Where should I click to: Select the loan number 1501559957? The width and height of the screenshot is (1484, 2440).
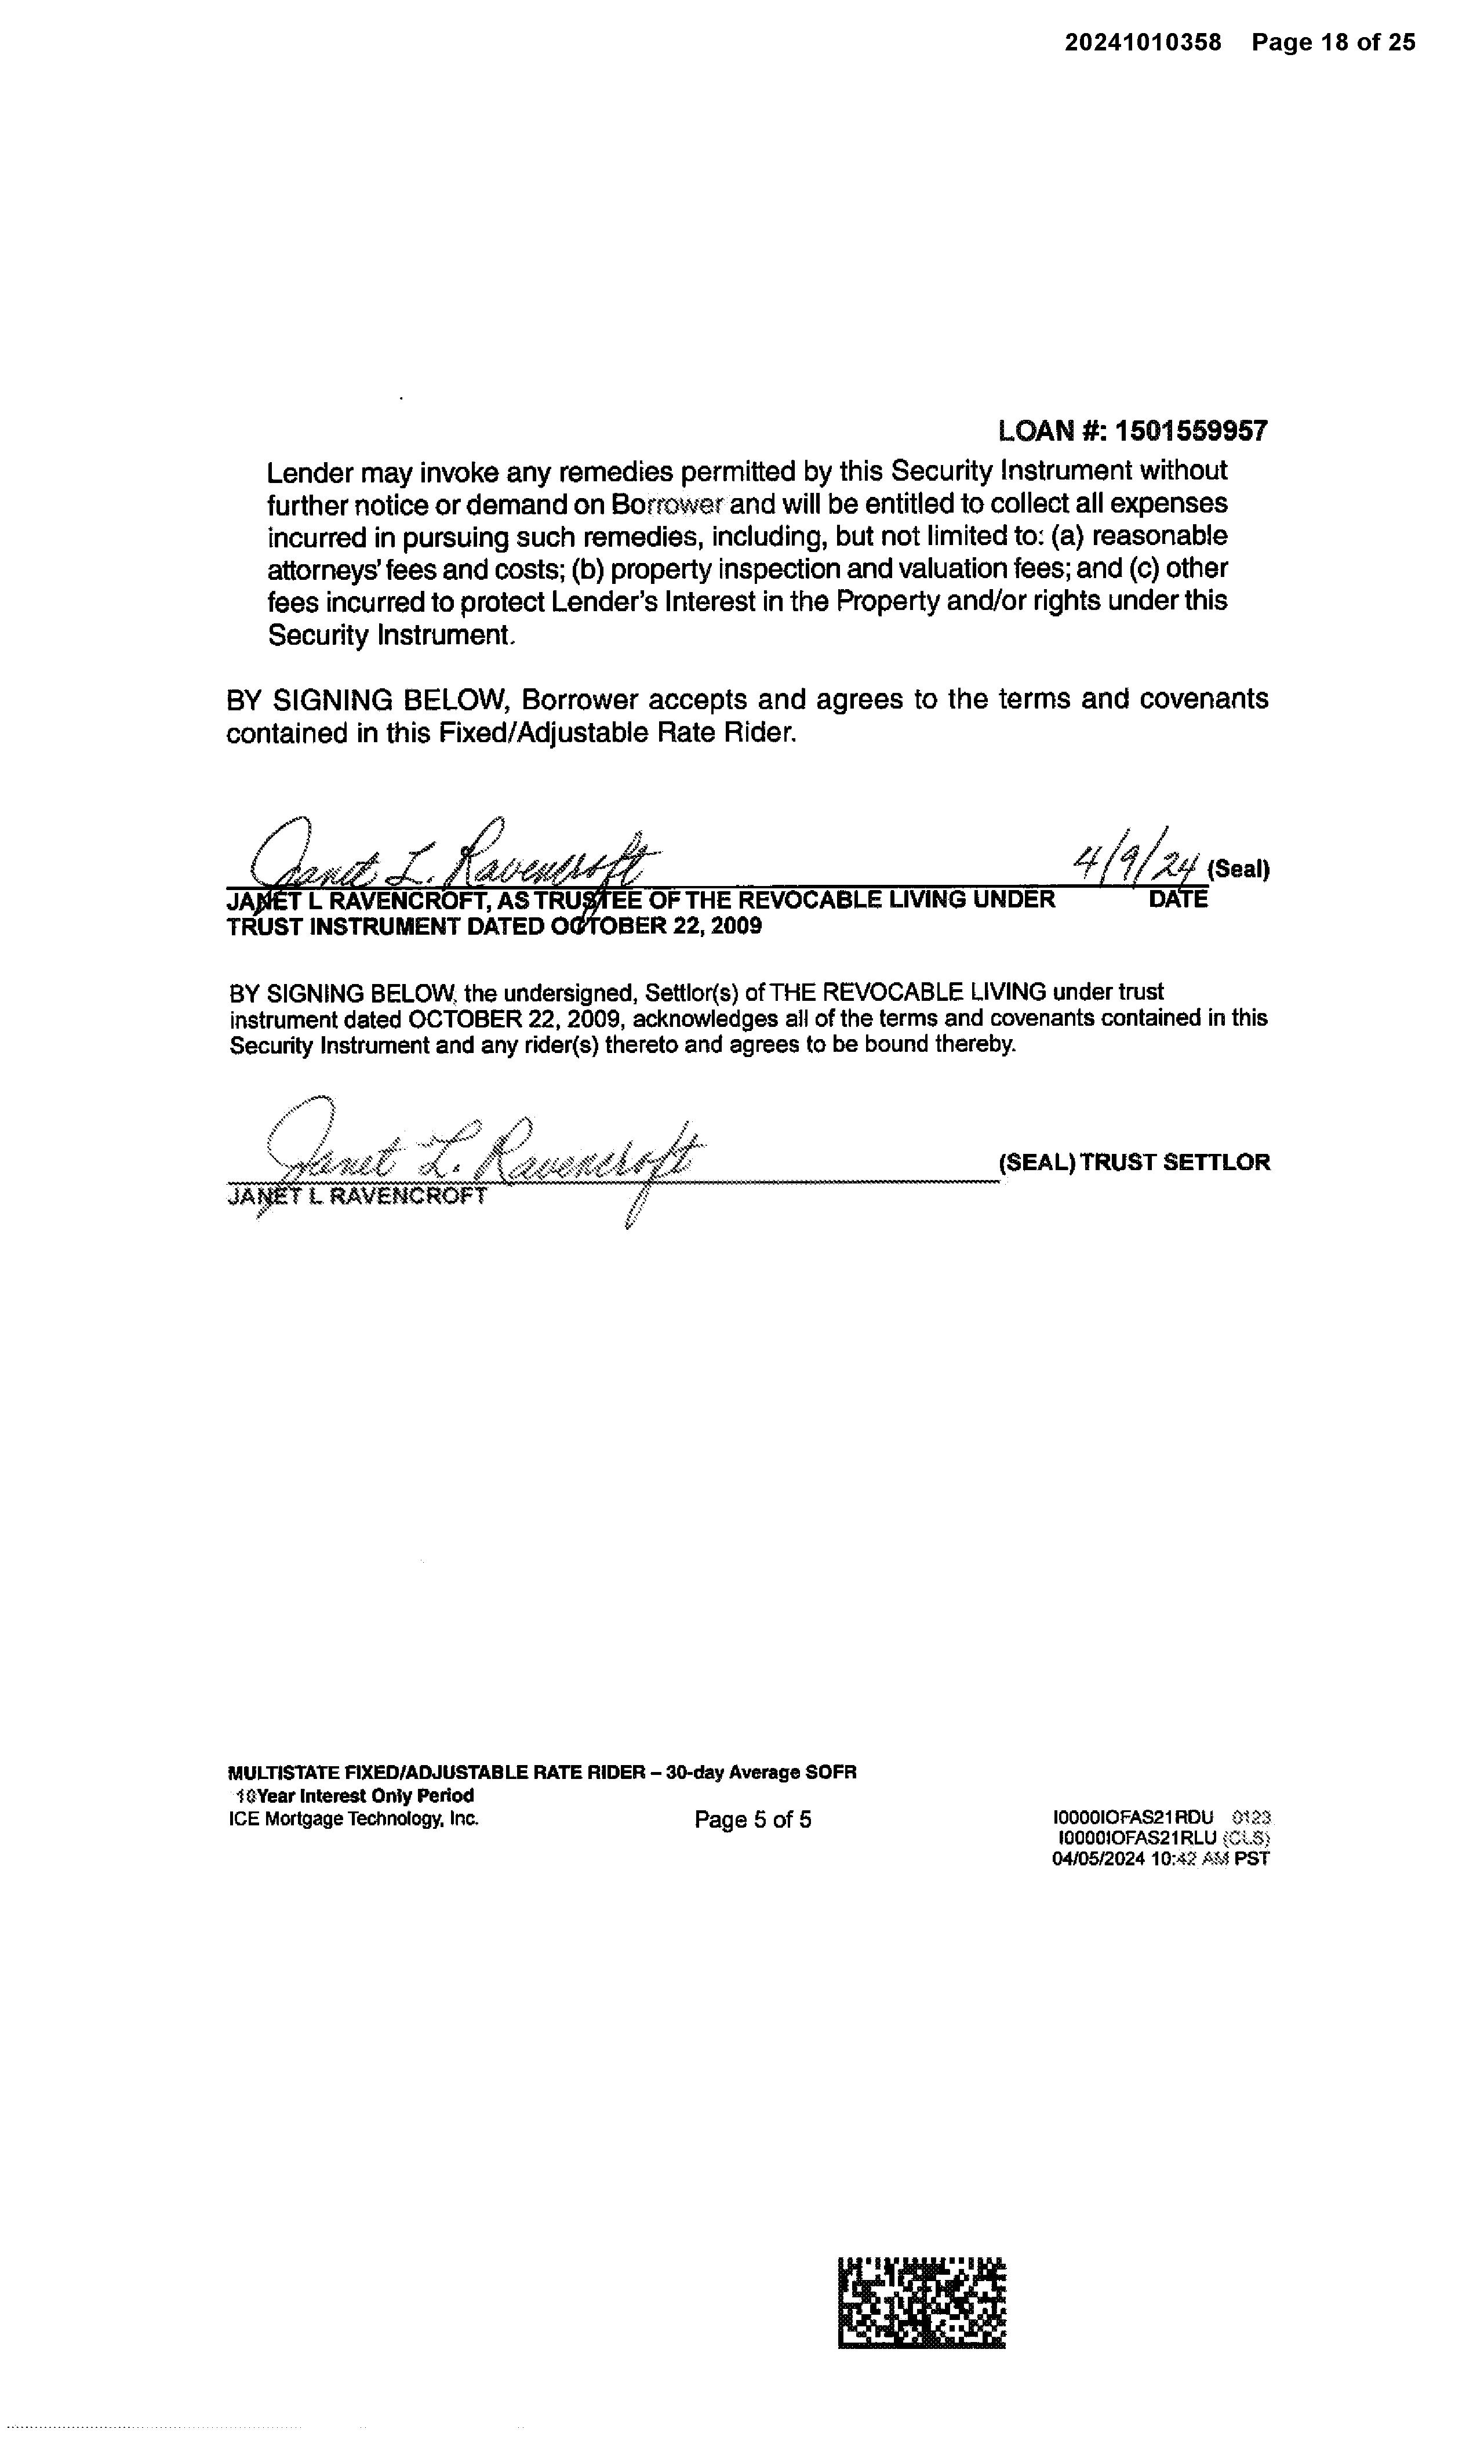point(1191,431)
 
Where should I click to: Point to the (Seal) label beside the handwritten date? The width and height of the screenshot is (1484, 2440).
point(1238,869)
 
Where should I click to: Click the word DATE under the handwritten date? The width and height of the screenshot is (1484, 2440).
point(1178,899)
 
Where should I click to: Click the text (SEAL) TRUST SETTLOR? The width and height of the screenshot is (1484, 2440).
point(1133,1163)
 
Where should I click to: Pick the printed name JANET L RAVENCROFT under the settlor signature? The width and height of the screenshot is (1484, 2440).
point(358,1196)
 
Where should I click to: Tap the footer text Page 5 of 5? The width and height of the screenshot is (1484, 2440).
point(752,1820)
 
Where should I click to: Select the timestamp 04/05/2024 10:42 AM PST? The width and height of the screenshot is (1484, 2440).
point(1161,1859)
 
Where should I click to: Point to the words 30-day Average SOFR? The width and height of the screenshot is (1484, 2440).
point(761,1773)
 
